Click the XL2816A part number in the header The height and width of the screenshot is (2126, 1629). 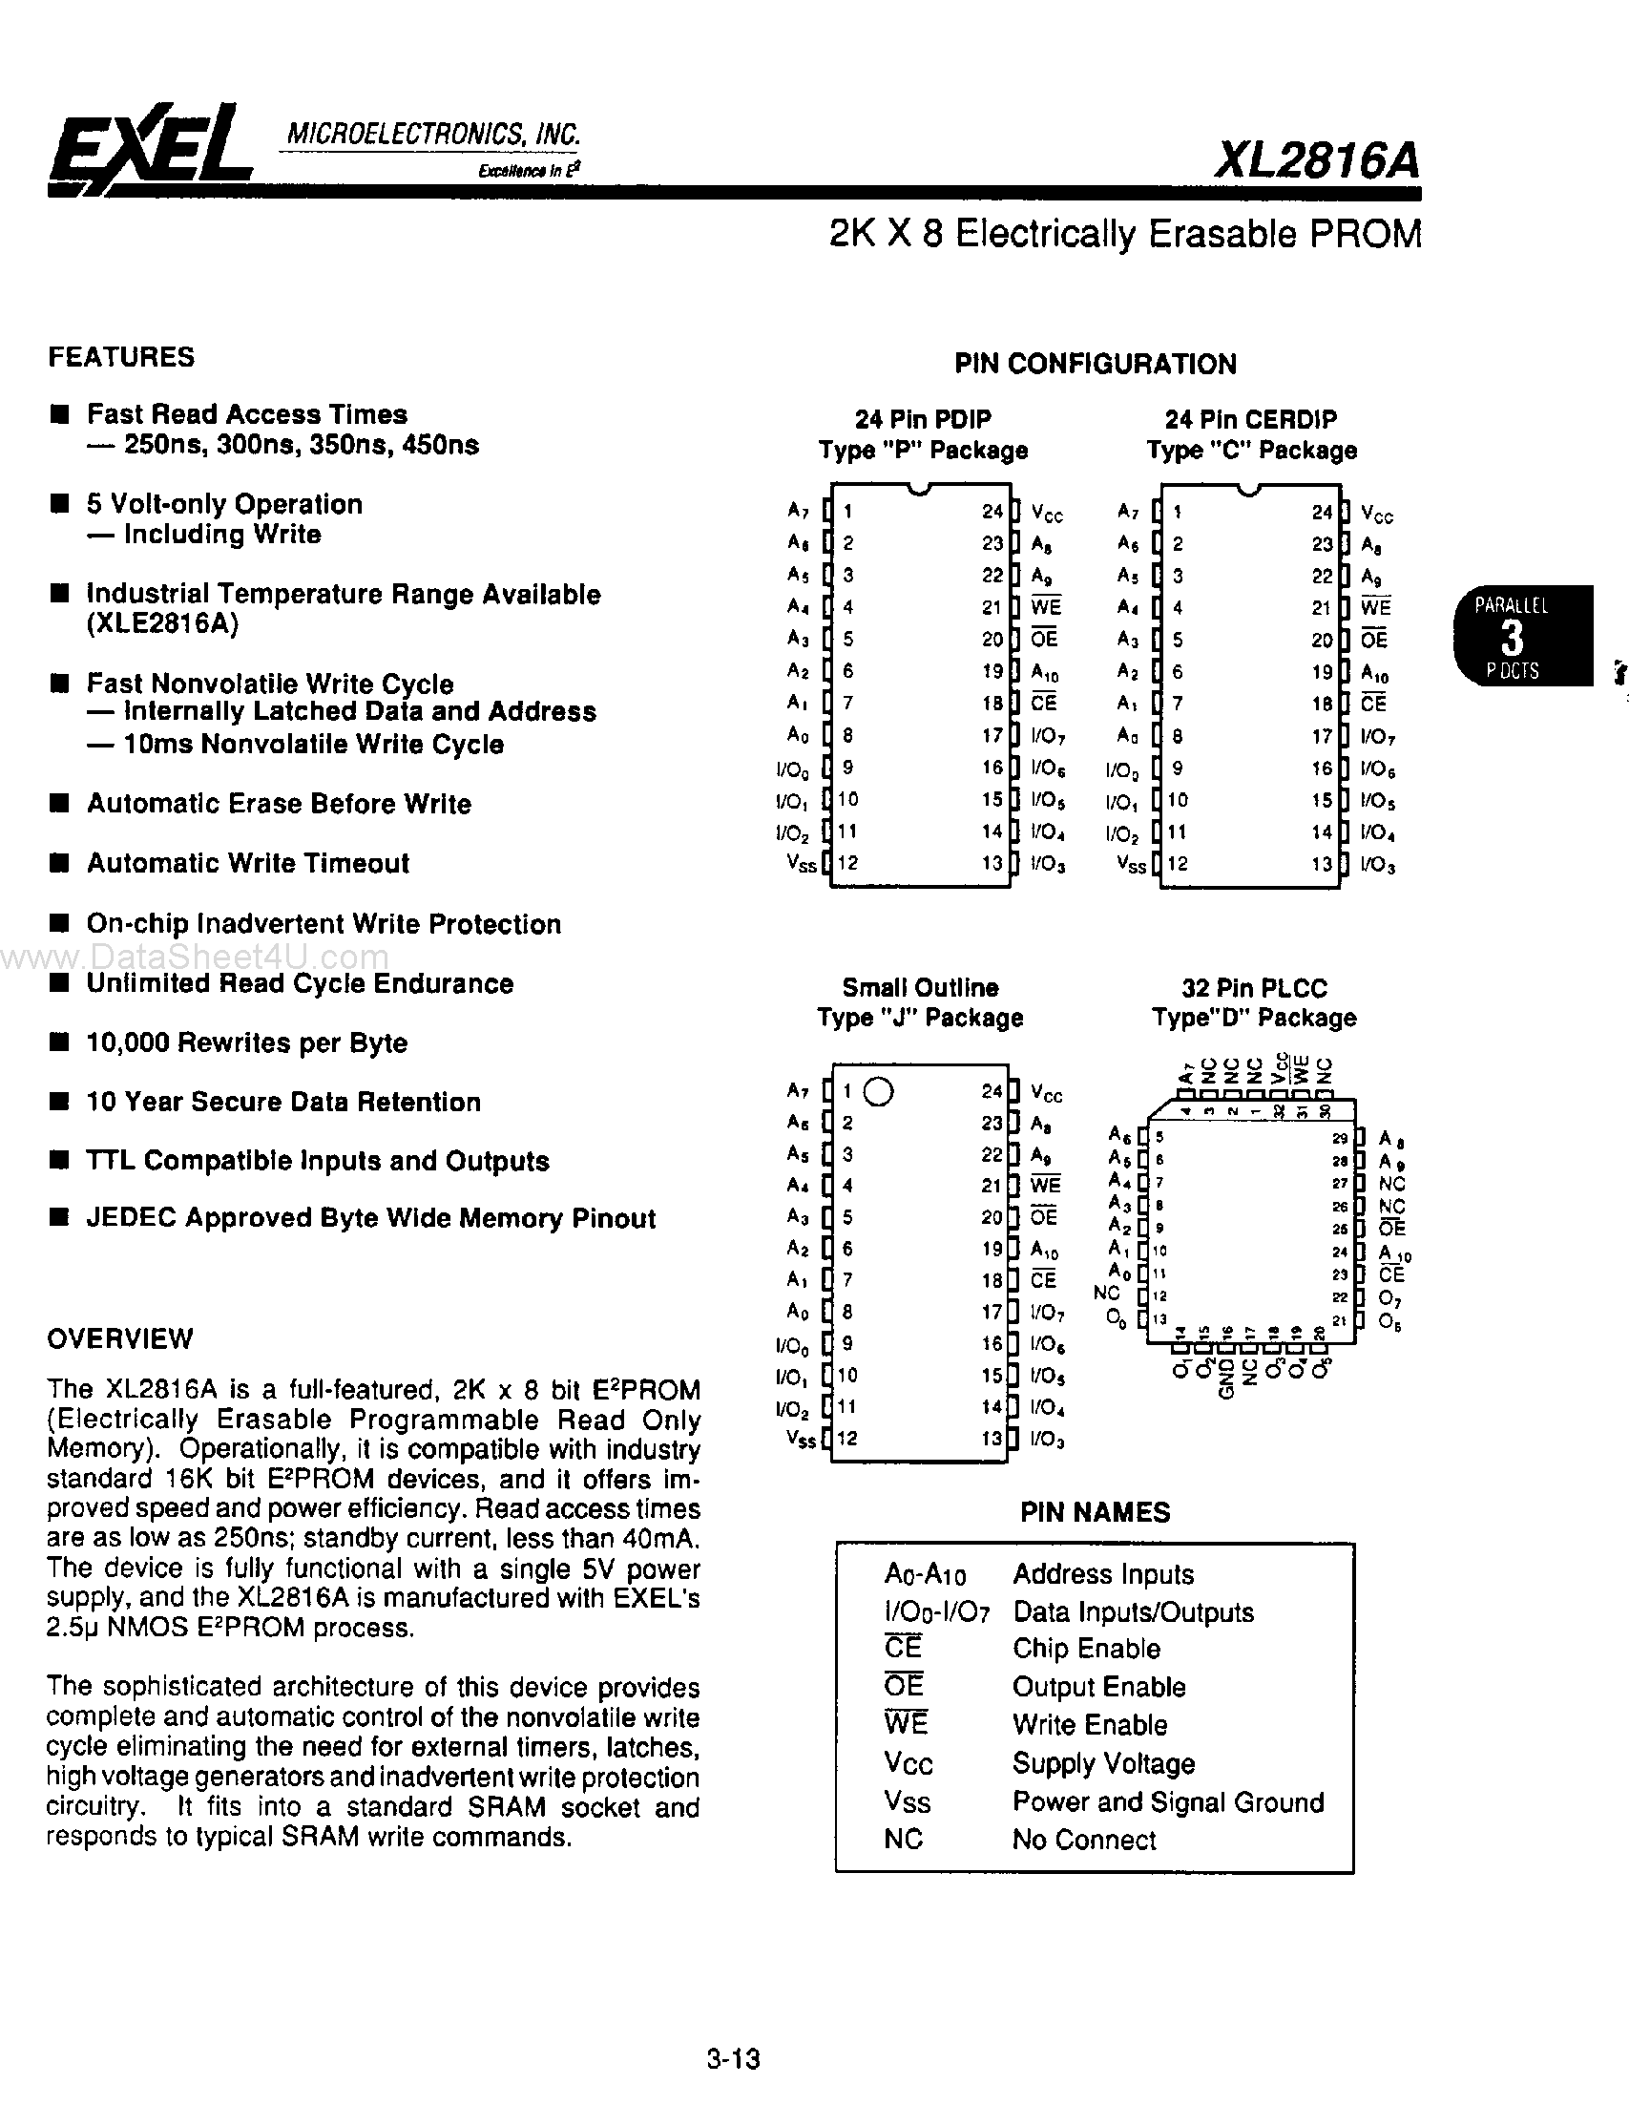pos(1316,160)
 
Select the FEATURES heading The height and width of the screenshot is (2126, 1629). pos(121,357)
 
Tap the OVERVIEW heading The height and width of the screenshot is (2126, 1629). pos(120,1338)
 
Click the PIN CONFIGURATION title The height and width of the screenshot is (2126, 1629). pos(1095,364)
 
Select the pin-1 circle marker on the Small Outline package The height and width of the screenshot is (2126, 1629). pos(878,1092)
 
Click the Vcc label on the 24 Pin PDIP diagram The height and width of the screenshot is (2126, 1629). pos(1047,513)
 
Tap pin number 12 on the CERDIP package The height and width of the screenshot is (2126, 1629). pos(1178,863)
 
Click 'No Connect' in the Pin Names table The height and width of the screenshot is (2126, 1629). pos(1084,1840)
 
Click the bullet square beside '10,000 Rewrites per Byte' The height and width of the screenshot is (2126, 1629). pos(60,1042)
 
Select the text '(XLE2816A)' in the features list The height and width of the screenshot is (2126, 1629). pos(162,623)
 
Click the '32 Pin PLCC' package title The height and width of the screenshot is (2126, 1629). pos(1254,988)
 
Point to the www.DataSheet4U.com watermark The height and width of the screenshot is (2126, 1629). pos(194,958)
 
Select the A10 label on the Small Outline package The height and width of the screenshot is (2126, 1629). pos(1044,1251)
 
